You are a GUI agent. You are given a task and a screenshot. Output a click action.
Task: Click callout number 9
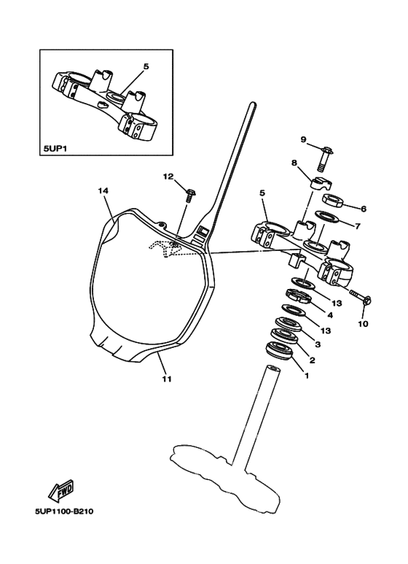click(304, 139)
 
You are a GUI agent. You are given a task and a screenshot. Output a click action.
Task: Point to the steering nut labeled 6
click(334, 201)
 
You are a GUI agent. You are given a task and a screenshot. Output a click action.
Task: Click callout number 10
click(364, 322)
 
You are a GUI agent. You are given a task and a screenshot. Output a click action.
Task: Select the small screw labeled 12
click(190, 194)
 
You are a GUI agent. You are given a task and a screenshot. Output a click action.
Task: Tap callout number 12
click(168, 177)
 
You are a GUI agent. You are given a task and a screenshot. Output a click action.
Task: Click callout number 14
click(103, 190)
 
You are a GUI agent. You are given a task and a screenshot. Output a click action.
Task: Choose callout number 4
click(330, 315)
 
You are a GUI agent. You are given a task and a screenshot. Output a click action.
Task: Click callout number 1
click(307, 376)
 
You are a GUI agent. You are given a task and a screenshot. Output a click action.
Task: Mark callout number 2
click(313, 359)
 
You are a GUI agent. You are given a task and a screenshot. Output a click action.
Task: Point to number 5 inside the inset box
click(146, 66)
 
